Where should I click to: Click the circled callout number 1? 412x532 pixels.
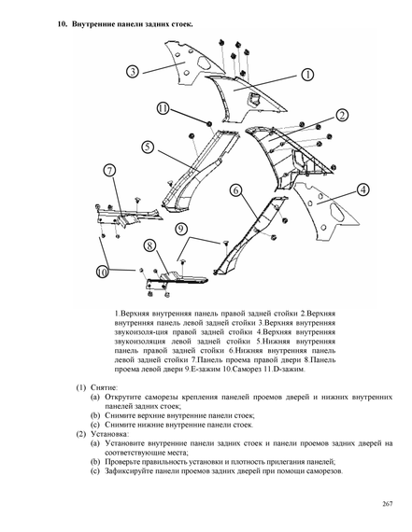tap(307, 75)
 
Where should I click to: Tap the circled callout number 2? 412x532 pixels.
tap(342, 116)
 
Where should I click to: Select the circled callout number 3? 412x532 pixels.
tap(133, 72)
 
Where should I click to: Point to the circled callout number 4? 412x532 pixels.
tap(363, 190)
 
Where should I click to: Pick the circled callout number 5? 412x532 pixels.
tap(148, 147)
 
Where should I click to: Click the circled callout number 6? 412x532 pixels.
tap(236, 190)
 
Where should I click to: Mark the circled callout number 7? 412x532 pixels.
tap(109, 170)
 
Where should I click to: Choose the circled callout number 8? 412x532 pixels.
tap(149, 245)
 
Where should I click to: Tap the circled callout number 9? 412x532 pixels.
tap(181, 229)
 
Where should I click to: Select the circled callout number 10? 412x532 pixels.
tap(102, 273)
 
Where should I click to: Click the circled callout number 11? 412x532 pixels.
tap(163, 108)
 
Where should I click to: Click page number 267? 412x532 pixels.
tap(387, 504)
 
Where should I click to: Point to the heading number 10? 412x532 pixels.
tap(63, 24)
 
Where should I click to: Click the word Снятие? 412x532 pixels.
tap(105, 387)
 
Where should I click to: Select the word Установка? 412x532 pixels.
tap(109, 434)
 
